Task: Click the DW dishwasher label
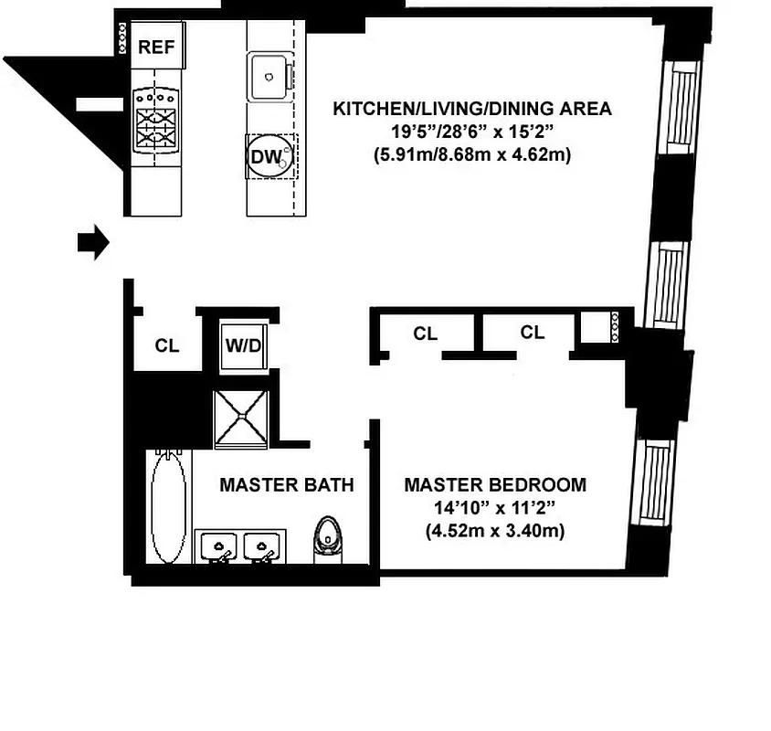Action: (264, 156)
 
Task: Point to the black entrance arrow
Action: (92, 243)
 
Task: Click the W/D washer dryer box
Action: (244, 347)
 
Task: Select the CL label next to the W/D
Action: (166, 346)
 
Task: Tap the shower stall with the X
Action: (241, 418)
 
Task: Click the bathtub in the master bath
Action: (170, 507)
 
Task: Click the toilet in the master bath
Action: (326, 536)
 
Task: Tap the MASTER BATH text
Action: (286, 485)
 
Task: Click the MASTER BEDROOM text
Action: (495, 484)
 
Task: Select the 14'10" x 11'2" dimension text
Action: (495, 507)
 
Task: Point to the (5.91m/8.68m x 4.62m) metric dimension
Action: (471, 154)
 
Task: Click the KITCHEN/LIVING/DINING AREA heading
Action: (471, 110)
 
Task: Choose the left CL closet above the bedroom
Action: (425, 334)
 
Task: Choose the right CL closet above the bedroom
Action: (532, 334)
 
